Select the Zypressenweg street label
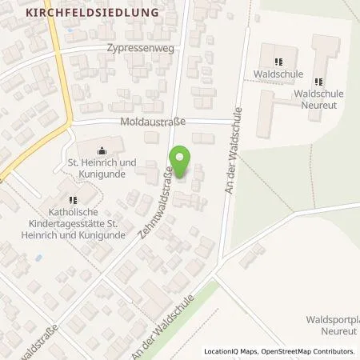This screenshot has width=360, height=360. pos(134,48)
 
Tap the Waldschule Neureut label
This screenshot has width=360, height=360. pos(318,99)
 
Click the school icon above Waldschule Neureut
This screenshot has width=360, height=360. pos(318,81)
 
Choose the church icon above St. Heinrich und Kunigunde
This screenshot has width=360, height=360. pos(101,150)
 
